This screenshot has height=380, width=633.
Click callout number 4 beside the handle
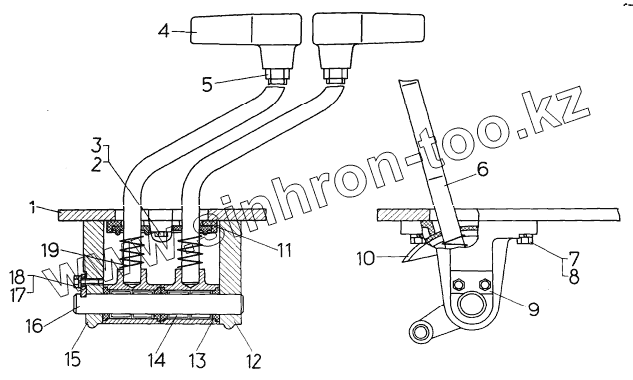click(164, 31)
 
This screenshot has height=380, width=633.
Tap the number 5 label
click(207, 85)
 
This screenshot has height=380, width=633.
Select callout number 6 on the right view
click(482, 169)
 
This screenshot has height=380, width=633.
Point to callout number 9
click(533, 309)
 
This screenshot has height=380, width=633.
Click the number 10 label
click(366, 258)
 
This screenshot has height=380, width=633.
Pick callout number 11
click(283, 250)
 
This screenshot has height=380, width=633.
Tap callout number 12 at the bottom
click(254, 361)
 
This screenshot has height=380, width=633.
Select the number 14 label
click(157, 360)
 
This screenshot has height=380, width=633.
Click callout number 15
click(73, 359)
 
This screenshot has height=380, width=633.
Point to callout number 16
click(35, 325)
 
